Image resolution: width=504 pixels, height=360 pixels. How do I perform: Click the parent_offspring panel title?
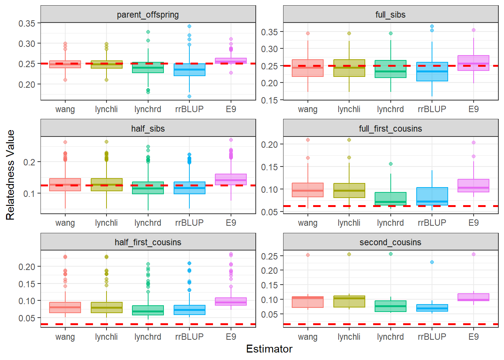coord(148,15)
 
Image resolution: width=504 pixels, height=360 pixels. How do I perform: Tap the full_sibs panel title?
coord(390,15)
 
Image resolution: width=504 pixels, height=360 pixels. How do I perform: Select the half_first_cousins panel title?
coord(148,242)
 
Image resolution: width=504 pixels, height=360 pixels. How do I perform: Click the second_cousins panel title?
coord(390,242)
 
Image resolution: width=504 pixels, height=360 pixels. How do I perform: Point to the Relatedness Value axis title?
coord(10,175)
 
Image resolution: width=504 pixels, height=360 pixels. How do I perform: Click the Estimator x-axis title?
coord(269,349)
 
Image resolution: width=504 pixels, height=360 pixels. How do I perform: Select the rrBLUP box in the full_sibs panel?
coord(432,72)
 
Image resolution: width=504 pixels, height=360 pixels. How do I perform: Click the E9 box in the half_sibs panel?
coord(231,179)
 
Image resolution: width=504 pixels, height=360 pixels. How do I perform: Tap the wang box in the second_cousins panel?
coord(308,302)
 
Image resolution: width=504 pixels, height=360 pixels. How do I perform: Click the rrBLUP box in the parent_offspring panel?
coord(189,70)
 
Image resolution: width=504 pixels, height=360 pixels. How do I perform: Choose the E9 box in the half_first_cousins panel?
coord(231,301)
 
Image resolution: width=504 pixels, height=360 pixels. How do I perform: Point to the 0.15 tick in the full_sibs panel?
coord(270,100)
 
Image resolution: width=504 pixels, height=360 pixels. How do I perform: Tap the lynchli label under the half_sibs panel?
coord(106,223)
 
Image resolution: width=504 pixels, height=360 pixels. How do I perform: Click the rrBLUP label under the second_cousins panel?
coord(432,337)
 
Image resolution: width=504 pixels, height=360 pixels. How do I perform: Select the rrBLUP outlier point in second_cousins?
coord(432,262)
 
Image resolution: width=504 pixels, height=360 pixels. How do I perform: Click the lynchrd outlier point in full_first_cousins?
coord(391,164)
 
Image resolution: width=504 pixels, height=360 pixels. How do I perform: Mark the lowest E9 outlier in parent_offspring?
coord(231,73)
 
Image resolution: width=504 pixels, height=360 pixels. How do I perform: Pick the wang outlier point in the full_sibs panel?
coord(308,33)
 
